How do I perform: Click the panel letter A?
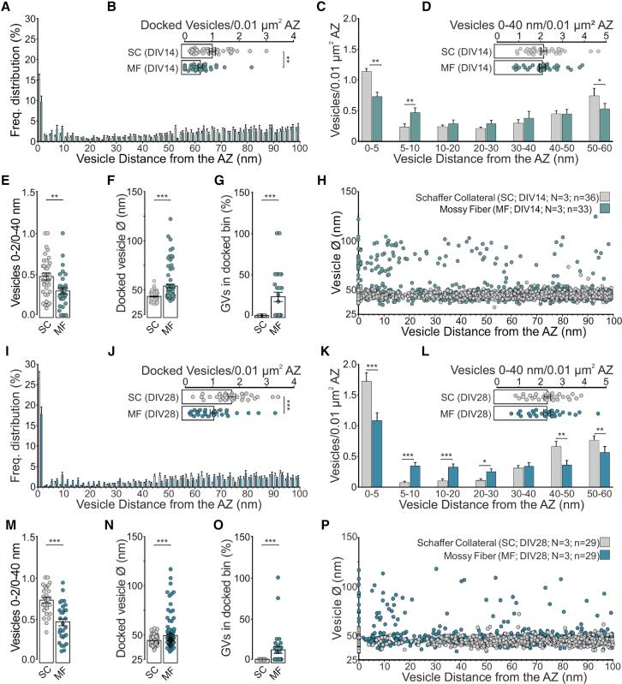pos(7,8)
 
